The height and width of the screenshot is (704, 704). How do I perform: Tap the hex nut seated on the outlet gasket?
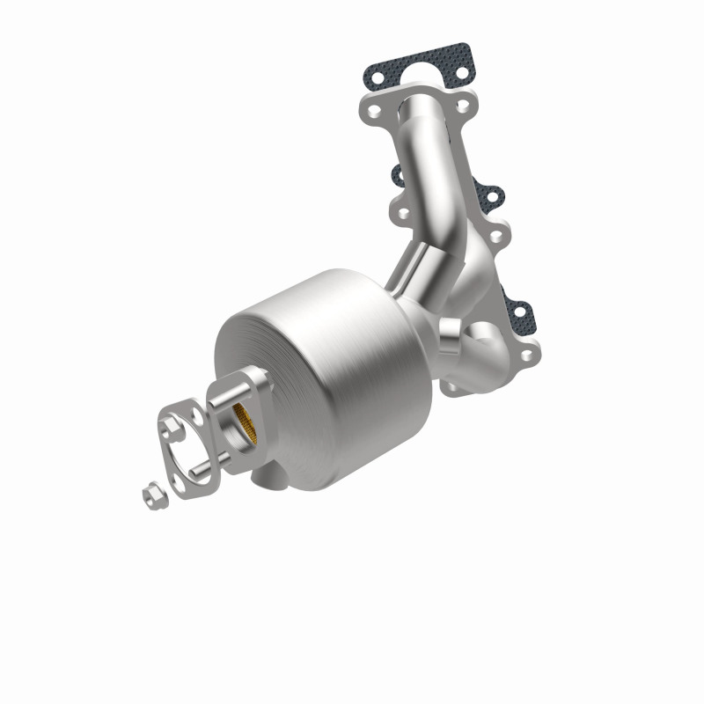[168, 426]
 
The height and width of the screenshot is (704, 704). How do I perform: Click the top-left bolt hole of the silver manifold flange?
[377, 113]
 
